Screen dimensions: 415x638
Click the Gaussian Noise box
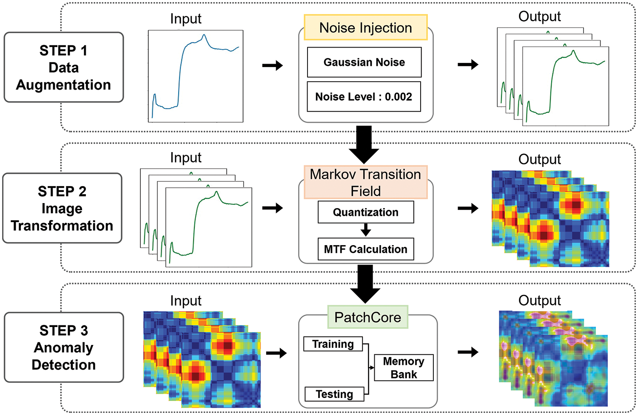pyautogui.click(x=364, y=62)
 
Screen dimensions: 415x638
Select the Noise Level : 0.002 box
pyautogui.click(x=364, y=97)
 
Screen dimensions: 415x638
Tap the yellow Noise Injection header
pyautogui.click(x=365, y=28)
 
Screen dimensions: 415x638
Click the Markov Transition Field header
pyautogui.click(x=365, y=182)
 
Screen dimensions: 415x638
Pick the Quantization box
pyautogui.click(x=365, y=212)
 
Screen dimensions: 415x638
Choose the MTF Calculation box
pyautogui.click(x=365, y=249)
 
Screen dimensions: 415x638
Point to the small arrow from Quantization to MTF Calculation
pyautogui.click(x=365, y=230)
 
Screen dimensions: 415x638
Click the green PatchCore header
pyautogui.click(x=367, y=317)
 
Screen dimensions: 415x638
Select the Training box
pyautogui.click(x=333, y=344)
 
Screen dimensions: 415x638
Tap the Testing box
pyautogui.click(x=334, y=394)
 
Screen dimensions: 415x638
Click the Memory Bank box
pyautogui.click(x=403, y=368)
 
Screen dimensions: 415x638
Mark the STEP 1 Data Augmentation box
pyautogui.click(x=64, y=68)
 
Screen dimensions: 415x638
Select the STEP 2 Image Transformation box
pyautogui.click(x=62, y=208)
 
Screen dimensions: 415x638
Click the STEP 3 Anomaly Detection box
pyautogui.click(x=64, y=347)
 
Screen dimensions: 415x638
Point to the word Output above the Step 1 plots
pyautogui.click(x=539, y=17)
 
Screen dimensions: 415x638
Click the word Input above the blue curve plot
pyautogui.click(x=185, y=19)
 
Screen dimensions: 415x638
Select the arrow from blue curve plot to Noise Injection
pyautogui.click(x=272, y=65)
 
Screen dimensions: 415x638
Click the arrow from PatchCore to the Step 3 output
pyautogui.click(x=468, y=352)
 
